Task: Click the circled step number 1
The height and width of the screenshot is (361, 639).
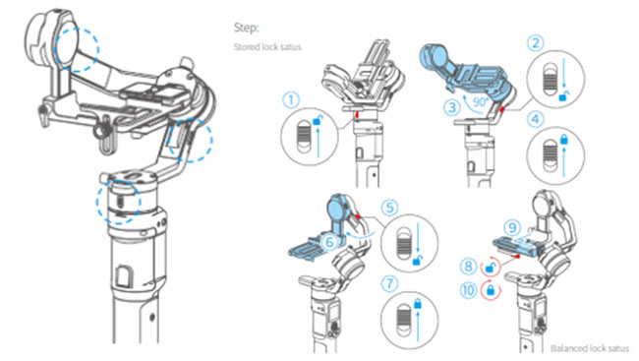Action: (x=291, y=100)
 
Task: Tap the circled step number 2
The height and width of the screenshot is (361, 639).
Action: (x=536, y=43)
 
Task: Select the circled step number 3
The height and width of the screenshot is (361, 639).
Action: (x=452, y=107)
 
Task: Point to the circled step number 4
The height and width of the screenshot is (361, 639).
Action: (x=535, y=119)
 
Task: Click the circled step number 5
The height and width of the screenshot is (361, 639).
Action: (x=389, y=208)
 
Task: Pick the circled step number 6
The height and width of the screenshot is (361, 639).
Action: (x=329, y=242)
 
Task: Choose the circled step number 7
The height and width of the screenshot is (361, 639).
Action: (x=389, y=283)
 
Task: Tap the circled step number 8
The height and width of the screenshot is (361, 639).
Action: (x=468, y=267)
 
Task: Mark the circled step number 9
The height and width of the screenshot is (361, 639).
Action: (x=512, y=227)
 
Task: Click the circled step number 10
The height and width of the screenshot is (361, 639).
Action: (x=468, y=290)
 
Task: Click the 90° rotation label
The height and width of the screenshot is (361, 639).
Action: (x=480, y=101)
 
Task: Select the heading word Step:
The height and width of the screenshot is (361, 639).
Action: (x=246, y=28)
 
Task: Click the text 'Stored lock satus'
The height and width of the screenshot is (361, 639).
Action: (x=267, y=47)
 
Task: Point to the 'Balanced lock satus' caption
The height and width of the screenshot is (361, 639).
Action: (x=590, y=348)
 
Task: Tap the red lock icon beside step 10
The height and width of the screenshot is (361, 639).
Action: (x=491, y=290)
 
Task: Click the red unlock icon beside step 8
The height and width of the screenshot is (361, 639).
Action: (x=491, y=268)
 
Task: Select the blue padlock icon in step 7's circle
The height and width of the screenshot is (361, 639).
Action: (x=417, y=304)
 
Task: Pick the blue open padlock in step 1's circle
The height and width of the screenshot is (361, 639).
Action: (x=318, y=120)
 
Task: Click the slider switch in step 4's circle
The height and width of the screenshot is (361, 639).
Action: (x=550, y=155)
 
